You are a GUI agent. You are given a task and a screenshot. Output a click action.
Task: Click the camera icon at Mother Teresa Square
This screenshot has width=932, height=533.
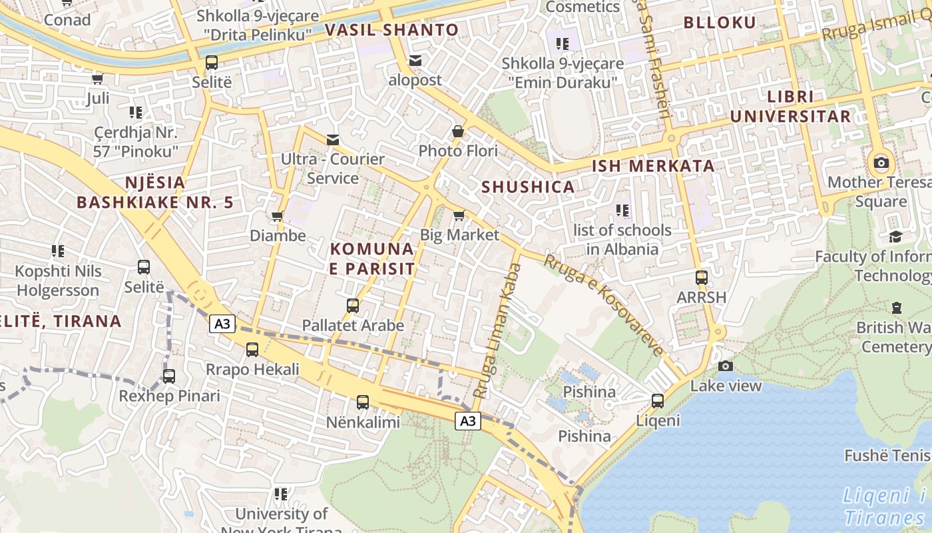(881, 163)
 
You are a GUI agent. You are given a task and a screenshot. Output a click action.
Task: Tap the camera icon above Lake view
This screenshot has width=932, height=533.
(726, 366)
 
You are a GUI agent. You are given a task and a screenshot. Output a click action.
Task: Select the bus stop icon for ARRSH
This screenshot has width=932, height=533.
(701, 277)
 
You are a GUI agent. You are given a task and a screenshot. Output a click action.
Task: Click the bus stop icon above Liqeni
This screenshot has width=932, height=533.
(658, 400)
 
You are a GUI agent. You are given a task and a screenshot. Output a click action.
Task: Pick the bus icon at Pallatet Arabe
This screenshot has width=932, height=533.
(353, 306)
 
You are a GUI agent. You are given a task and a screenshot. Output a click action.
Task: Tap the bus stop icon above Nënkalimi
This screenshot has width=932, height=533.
(363, 402)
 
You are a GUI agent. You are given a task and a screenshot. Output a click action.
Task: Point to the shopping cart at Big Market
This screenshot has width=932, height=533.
(459, 215)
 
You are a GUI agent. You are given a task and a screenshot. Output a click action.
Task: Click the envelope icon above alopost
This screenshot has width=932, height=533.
(415, 61)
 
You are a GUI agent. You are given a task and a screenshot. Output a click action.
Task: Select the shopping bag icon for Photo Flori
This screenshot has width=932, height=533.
(458, 131)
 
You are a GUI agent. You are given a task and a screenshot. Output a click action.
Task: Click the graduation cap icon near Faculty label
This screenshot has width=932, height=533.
(895, 237)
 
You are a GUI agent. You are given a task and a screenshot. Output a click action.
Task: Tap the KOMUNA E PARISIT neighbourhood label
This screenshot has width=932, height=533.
(372, 259)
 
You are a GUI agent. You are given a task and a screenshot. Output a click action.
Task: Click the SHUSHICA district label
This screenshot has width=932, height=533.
(528, 187)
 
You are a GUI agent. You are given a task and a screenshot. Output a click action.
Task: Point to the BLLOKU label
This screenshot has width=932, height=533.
(720, 23)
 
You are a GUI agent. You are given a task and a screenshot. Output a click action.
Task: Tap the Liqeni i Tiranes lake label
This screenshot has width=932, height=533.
(885, 506)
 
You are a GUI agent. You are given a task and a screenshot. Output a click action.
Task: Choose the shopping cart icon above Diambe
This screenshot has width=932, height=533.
(277, 216)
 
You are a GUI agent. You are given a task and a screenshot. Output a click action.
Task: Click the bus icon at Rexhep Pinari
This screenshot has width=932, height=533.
(169, 376)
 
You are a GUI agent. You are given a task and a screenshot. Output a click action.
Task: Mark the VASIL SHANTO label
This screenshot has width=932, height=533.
(392, 30)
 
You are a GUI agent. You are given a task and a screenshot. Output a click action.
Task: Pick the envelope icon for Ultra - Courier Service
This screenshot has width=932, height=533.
(333, 139)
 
